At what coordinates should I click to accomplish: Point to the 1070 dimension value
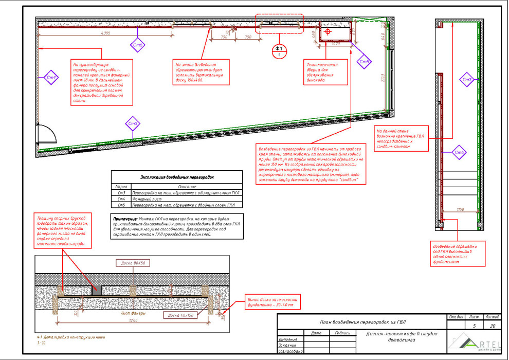pyautogui.click(x=336, y=44)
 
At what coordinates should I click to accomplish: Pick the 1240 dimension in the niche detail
pyautogui.click(x=134, y=321)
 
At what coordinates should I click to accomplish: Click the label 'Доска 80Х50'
pyautogui.click(x=134, y=263)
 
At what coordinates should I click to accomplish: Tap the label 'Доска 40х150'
pyautogui.click(x=180, y=315)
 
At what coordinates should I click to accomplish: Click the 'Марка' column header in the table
pyautogui.click(x=121, y=187)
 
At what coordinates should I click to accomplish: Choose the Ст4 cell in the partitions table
pyautogui.click(x=121, y=199)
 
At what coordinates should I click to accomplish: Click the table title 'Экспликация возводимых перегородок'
pyautogui.click(x=177, y=177)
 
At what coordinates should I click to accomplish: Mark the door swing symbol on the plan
pyautogui.click(x=46, y=135)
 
